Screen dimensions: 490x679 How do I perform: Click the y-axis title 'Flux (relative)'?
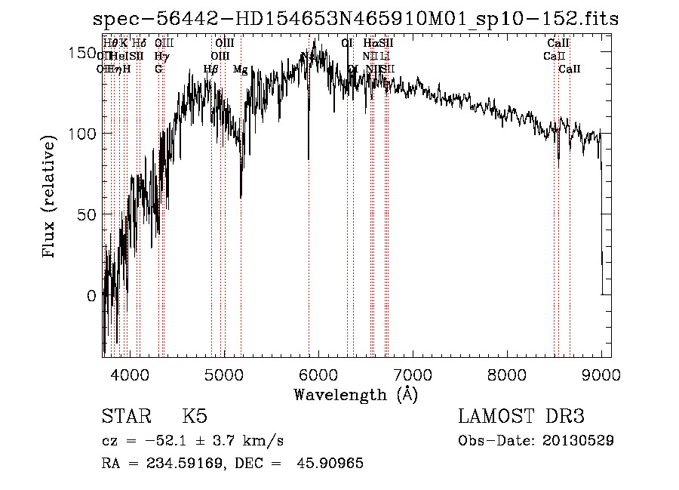[51, 199]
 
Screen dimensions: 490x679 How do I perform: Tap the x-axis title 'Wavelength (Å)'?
[355, 394]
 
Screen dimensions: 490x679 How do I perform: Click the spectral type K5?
[195, 417]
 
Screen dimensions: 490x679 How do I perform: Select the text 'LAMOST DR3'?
[521, 417]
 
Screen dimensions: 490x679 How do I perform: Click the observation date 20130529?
[578, 441]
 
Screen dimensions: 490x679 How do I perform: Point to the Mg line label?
[240, 69]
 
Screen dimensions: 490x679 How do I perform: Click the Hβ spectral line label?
[211, 69]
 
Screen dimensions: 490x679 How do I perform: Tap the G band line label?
[158, 69]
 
